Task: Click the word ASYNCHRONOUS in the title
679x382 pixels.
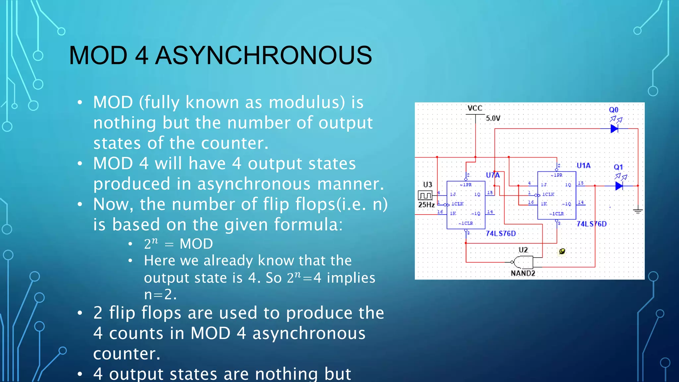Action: [x=264, y=55]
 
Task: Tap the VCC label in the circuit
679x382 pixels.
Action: [x=475, y=108]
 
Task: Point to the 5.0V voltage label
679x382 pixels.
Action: [x=493, y=118]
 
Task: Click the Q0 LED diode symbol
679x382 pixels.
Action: [x=614, y=129]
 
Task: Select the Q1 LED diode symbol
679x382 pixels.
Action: [x=619, y=186]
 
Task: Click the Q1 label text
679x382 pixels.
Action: [x=618, y=167]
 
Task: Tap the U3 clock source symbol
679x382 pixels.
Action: [x=425, y=195]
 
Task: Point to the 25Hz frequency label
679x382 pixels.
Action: [x=426, y=205]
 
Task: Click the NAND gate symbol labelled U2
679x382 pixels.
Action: [x=523, y=262]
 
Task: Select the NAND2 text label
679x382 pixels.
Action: [x=523, y=273]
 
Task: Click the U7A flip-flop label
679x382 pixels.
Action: [x=493, y=175]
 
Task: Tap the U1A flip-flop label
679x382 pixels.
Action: [x=584, y=165]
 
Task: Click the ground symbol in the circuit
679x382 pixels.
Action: [x=638, y=211]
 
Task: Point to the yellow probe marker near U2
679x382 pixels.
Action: [x=562, y=251]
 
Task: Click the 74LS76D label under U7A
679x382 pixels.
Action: [x=501, y=233]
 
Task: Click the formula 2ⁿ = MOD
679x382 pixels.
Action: [x=178, y=244]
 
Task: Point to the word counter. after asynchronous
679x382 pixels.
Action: [x=127, y=354]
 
